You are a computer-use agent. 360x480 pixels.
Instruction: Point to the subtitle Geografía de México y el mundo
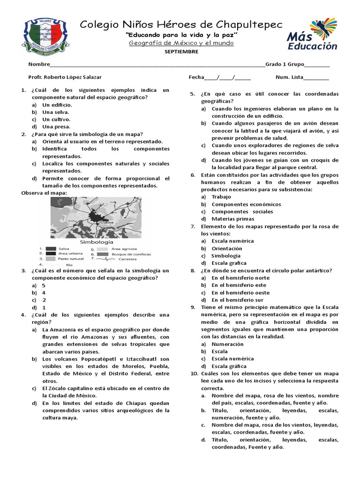click(x=181, y=43)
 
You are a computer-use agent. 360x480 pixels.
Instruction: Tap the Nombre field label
click(x=38, y=65)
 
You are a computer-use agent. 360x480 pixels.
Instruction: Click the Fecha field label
click(x=196, y=77)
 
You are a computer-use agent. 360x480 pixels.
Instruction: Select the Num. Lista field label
click(x=289, y=77)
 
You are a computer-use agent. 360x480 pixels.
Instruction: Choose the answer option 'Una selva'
click(x=55, y=112)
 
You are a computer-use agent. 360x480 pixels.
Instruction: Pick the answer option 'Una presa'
click(x=56, y=127)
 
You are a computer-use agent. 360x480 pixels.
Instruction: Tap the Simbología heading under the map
click(x=97, y=242)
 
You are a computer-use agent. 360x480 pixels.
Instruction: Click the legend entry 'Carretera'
click(x=128, y=259)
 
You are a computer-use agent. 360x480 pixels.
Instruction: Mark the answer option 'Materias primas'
click(x=232, y=219)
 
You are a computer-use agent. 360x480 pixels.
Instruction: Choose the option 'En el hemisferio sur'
click(x=237, y=300)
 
